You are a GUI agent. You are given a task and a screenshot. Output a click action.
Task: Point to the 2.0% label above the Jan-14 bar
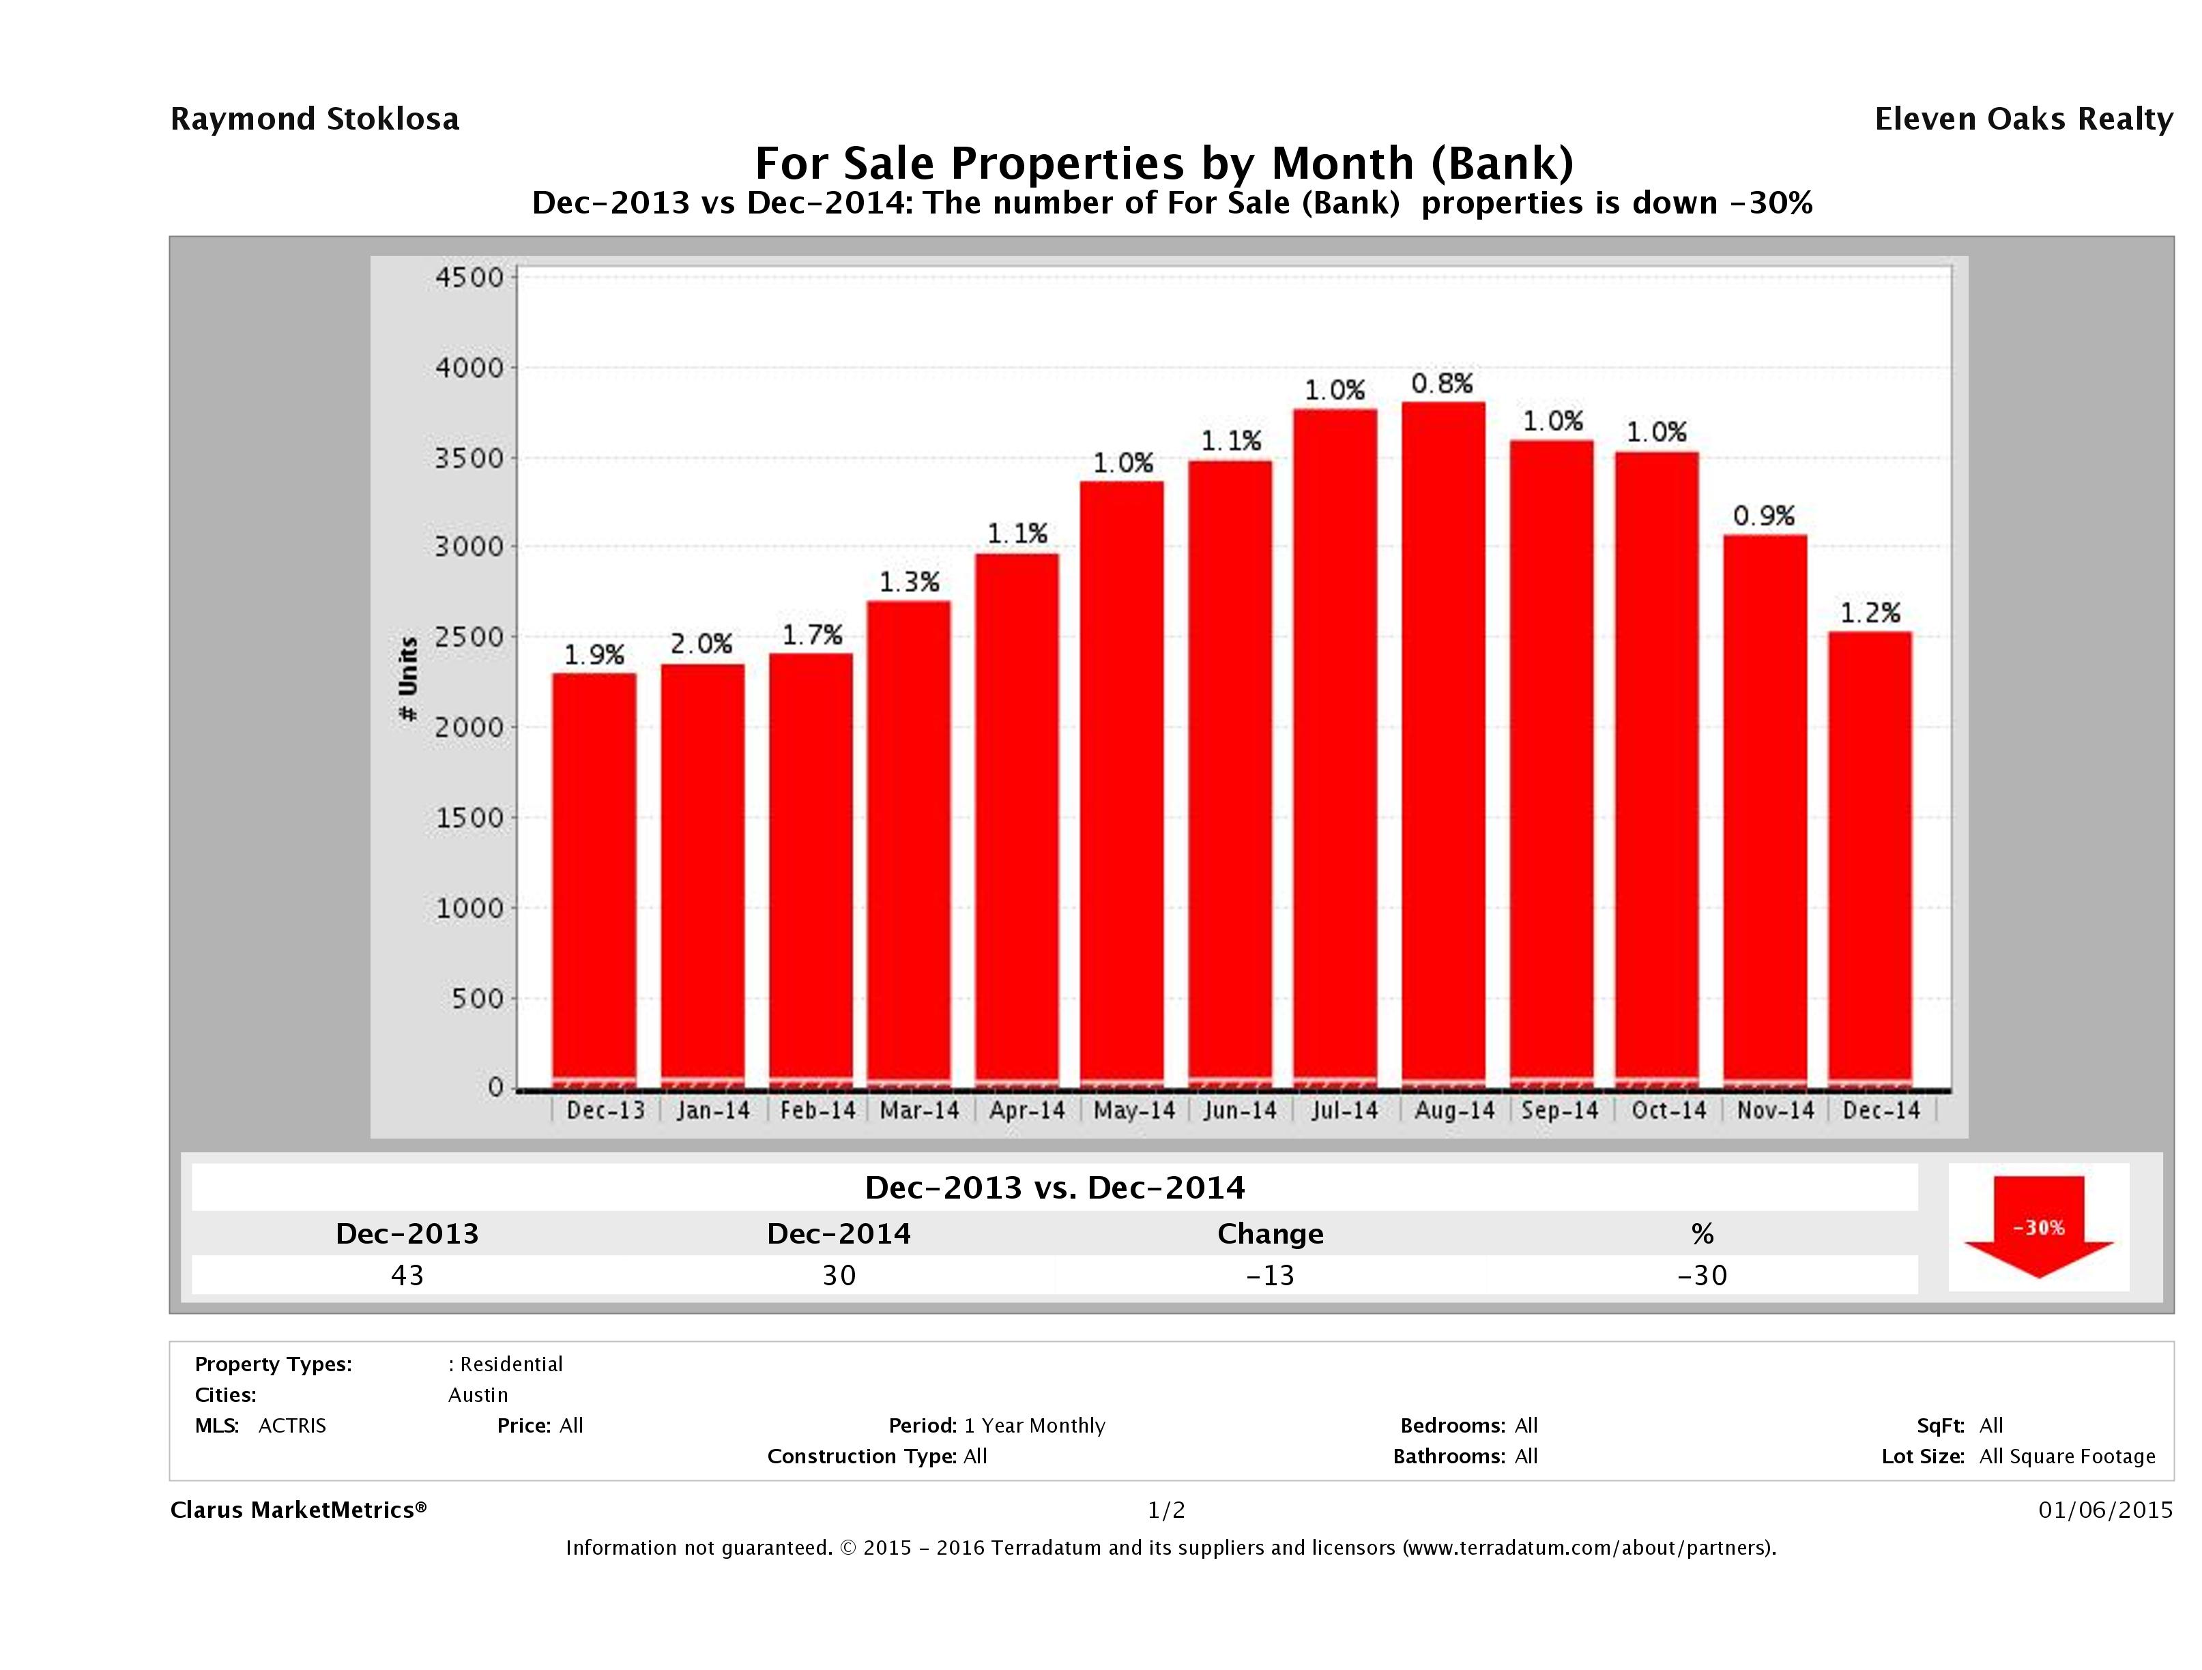point(701,644)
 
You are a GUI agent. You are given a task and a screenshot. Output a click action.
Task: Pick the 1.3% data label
point(909,582)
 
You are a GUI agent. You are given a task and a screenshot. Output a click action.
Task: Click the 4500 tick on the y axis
point(470,277)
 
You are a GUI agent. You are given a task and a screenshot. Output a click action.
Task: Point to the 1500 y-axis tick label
point(470,818)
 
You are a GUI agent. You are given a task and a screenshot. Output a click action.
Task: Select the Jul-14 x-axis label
point(1345,1111)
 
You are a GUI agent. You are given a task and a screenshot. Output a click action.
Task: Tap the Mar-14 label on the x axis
point(919,1111)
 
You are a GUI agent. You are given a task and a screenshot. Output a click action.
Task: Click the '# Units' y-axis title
point(408,679)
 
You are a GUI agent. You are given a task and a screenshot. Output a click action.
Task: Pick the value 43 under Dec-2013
point(407,1275)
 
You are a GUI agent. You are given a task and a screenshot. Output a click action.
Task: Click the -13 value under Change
point(1271,1275)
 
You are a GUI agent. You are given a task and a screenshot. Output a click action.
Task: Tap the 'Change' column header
point(1271,1234)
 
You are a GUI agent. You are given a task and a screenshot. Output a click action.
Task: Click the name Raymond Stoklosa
point(315,119)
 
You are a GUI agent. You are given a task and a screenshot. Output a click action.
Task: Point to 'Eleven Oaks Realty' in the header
point(2023,119)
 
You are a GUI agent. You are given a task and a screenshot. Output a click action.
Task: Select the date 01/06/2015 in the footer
point(2104,1510)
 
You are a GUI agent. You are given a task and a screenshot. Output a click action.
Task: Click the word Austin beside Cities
point(478,1394)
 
